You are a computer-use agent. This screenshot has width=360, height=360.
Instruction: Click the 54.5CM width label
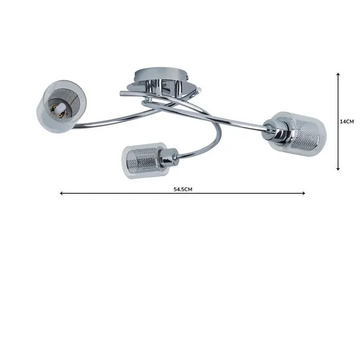182,189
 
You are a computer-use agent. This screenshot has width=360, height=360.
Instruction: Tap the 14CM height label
347,122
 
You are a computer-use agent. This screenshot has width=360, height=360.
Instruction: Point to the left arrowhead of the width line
61,193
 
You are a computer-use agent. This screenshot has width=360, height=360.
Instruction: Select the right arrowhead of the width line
304,193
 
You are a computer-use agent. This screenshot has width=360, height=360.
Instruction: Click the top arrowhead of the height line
338,74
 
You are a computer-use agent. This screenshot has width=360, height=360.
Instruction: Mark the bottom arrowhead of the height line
338,169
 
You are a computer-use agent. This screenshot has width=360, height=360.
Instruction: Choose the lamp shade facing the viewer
61,107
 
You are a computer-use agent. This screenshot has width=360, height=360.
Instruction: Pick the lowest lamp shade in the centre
144,160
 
